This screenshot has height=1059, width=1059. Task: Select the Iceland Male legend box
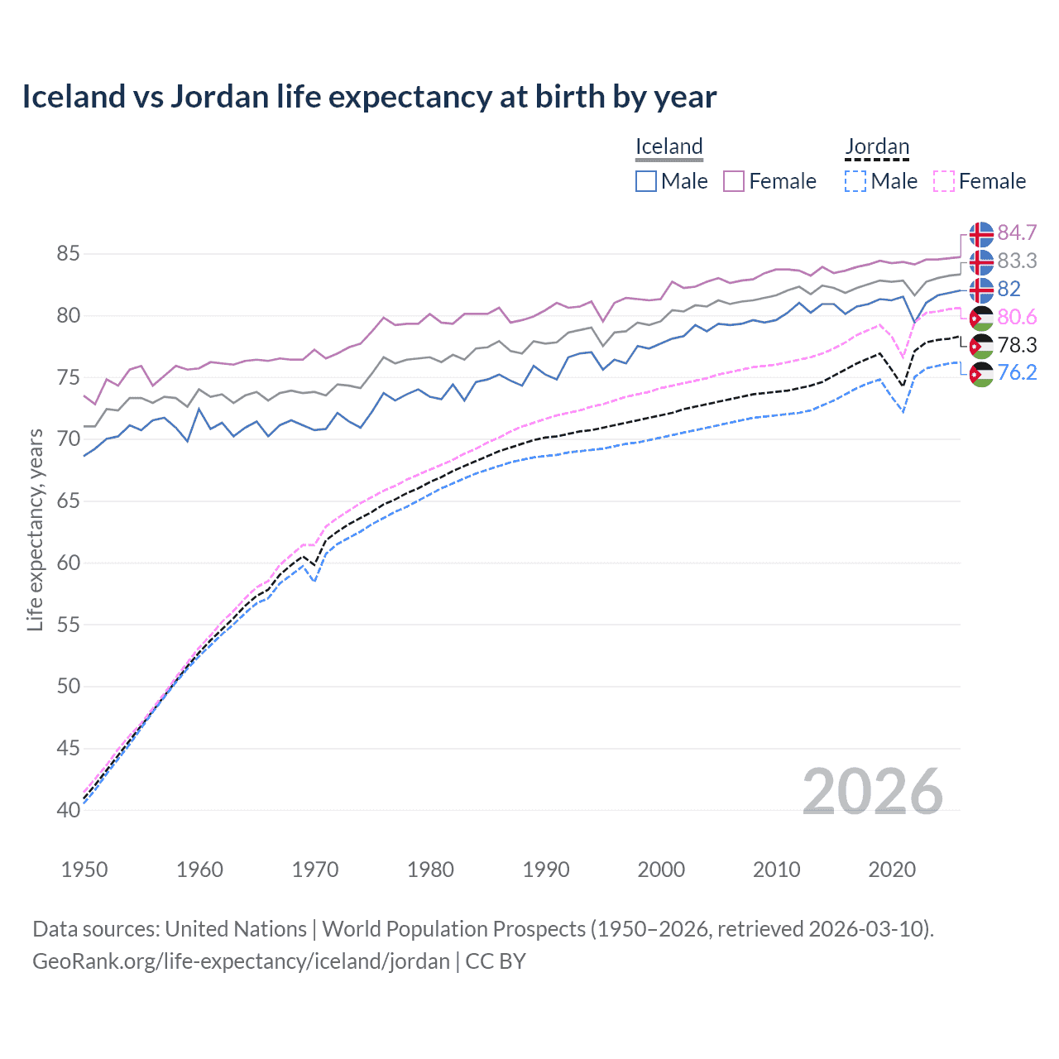click(x=646, y=181)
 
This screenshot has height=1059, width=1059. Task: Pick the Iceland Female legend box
click(x=734, y=181)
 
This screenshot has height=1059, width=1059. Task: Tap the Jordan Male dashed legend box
click(x=855, y=181)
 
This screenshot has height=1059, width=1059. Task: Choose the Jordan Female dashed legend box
click(x=944, y=181)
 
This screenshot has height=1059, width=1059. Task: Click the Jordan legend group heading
click(x=877, y=147)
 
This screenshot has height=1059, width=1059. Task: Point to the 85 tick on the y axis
click(x=68, y=254)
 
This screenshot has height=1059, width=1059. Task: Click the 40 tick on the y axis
click(x=68, y=810)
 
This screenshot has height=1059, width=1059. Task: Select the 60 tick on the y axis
click(x=68, y=563)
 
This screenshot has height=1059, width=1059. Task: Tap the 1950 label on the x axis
click(x=84, y=870)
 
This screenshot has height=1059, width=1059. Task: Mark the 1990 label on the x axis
click(x=546, y=870)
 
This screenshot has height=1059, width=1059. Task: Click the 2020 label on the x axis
click(x=892, y=870)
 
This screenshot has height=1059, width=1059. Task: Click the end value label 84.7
click(x=1017, y=233)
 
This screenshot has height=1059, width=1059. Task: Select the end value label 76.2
click(x=1017, y=373)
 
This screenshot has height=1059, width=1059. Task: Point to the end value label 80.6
click(x=1017, y=318)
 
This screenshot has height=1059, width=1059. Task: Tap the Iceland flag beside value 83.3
click(x=981, y=261)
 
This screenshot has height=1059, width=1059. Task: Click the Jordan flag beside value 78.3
click(x=981, y=346)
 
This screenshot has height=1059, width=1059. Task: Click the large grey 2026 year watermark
click(x=873, y=792)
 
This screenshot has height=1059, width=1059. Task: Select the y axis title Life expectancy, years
click(x=35, y=530)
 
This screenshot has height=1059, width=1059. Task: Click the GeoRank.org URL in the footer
click(x=241, y=961)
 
